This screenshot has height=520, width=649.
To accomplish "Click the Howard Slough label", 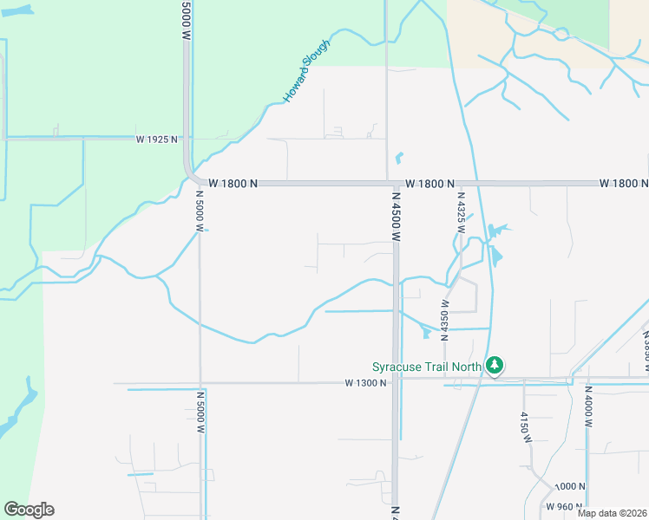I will [x=306, y=70].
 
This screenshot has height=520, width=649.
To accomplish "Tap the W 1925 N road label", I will [x=156, y=139].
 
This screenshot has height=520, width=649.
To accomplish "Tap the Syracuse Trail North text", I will [x=426, y=367].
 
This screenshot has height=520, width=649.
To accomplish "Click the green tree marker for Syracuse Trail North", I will [x=495, y=366].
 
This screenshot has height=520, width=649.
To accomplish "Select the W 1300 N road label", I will [x=364, y=382].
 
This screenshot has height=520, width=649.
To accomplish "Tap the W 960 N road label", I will [x=564, y=506].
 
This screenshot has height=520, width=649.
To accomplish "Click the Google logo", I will [x=29, y=510].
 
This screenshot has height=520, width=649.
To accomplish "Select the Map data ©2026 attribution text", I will [x=612, y=513].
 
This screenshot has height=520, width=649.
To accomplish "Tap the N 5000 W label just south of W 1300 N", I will [x=200, y=412].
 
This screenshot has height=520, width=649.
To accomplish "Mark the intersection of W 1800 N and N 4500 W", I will [x=390, y=184].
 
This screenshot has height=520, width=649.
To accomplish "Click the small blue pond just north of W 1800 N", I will [x=399, y=159].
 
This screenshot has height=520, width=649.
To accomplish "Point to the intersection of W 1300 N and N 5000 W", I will [x=200, y=382].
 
